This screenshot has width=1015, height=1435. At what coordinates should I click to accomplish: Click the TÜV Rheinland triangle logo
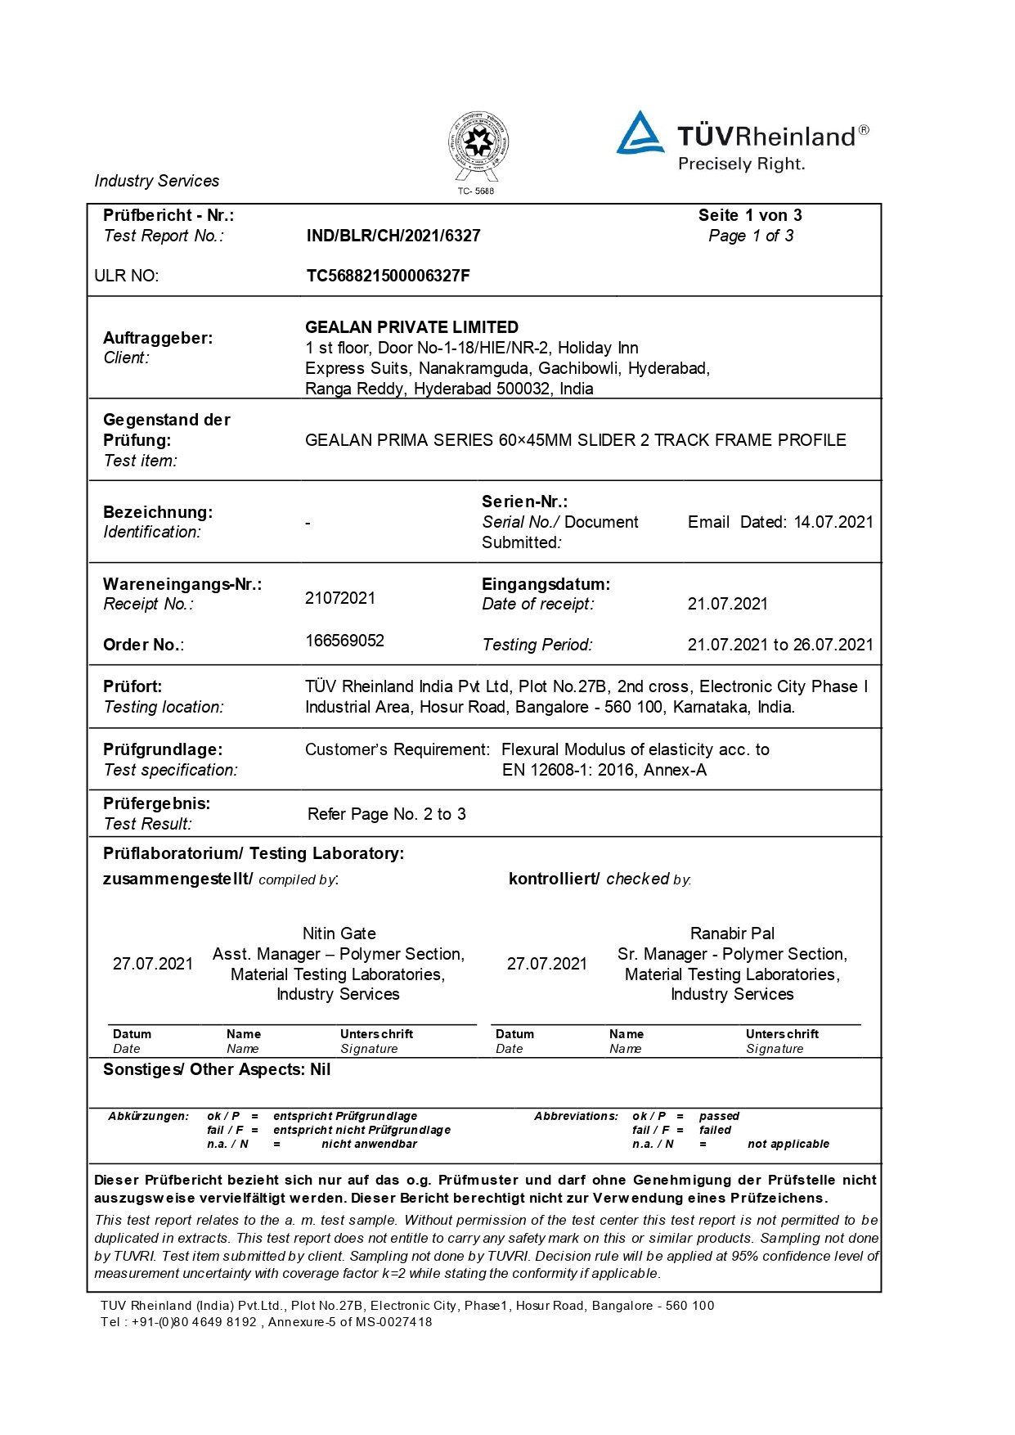640,133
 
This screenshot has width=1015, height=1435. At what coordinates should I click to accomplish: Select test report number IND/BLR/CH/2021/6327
393,236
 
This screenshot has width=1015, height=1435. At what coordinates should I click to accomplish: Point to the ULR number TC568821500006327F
388,276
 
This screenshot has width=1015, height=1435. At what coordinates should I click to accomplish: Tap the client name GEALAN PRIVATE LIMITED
411,327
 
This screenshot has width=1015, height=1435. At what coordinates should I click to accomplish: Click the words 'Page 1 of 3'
751,236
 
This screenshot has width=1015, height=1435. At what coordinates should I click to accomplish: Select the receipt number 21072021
340,598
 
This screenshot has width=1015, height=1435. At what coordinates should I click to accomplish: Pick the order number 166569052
344,641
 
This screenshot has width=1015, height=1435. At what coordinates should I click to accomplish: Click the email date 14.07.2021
833,522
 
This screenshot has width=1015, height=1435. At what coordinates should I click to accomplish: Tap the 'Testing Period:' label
537,645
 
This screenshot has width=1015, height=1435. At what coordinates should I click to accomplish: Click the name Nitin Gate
339,933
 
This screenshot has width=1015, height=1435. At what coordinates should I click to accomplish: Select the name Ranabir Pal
732,933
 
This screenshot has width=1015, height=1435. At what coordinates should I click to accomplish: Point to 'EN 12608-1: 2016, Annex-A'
604,770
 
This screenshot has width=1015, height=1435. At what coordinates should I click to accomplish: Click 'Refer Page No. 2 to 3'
387,814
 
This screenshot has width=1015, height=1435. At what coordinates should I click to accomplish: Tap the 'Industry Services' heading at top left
157,181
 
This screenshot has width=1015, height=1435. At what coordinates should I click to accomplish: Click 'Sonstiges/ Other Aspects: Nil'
217,1069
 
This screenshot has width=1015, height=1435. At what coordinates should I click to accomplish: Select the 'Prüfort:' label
132,686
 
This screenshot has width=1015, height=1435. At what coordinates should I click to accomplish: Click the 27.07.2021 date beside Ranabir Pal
547,964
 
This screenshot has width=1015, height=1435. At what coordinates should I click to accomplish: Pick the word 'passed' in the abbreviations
719,1116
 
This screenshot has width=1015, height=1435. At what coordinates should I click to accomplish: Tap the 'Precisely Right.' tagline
741,164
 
